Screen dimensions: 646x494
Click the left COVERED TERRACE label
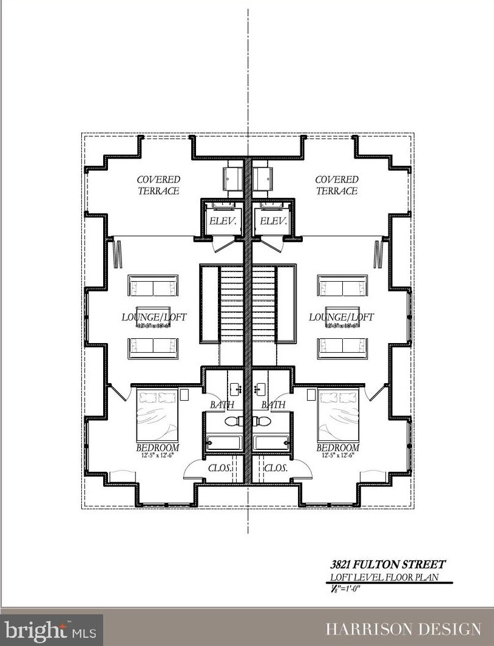click(158, 185)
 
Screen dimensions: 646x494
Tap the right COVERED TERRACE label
click(336, 185)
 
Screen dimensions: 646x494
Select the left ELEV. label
click(222, 222)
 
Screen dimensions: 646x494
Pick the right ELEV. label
click(272, 222)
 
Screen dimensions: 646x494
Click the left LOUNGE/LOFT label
click(154, 317)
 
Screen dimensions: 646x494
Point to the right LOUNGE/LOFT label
click(341, 317)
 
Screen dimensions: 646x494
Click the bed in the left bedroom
click(158, 417)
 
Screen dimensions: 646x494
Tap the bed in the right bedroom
click(337, 417)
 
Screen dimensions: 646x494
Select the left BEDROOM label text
click(157, 448)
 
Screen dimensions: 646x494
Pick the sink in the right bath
click(260, 389)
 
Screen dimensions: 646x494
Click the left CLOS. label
click(222, 469)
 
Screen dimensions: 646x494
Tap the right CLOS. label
click(276, 469)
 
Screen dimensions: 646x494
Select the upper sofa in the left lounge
click(153, 286)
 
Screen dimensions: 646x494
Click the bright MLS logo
click(52, 629)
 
